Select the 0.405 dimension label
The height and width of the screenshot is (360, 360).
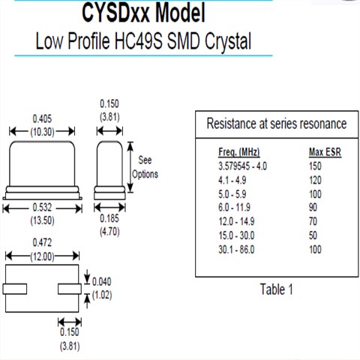[x=42, y=118]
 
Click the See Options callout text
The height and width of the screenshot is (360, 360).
[x=145, y=166]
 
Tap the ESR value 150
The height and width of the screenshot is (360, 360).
[x=316, y=165]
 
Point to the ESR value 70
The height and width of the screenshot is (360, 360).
[x=314, y=221]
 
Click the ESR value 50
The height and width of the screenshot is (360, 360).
[x=314, y=235]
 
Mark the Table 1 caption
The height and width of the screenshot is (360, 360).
[x=276, y=289]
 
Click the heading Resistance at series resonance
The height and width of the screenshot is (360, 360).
[x=276, y=124]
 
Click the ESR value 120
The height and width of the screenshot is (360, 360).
[x=316, y=179]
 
